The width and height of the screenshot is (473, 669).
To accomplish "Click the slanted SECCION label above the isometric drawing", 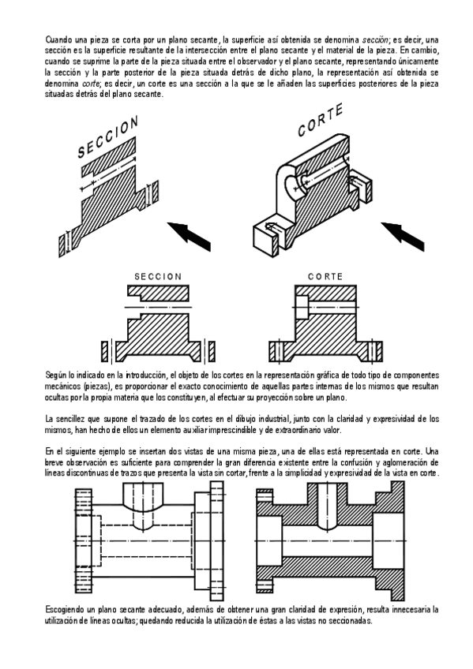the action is (x=108, y=136).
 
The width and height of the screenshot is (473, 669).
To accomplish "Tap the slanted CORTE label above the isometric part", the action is (x=320, y=120).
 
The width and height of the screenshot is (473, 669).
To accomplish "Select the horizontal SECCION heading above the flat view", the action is (x=158, y=276).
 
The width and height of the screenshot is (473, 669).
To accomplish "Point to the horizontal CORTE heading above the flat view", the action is (x=325, y=276).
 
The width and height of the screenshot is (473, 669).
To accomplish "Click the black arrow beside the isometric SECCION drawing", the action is (x=189, y=236).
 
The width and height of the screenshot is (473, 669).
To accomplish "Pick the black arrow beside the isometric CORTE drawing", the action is (x=403, y=236).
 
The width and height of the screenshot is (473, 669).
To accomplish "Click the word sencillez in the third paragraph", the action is (x=69, y=419).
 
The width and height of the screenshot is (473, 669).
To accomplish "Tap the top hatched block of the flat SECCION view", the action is (x=158, y=293).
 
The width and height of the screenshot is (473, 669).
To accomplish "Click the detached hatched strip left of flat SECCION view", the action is (x=104, y=351).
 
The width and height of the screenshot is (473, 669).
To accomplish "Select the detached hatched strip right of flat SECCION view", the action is (x=212, y=351).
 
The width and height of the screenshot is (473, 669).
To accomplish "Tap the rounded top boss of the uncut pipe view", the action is (x=143, y=494).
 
